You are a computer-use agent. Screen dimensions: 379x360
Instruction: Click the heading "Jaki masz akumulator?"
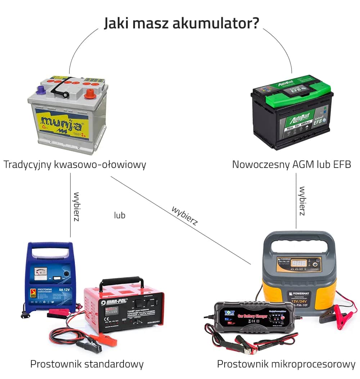(x=181, y=23)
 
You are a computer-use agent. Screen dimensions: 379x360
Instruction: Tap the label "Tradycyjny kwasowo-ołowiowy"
(x=75, y=165)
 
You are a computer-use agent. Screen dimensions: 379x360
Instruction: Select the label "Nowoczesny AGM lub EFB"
(x=291, y=165)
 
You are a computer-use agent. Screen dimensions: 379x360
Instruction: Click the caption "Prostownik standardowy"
(x=87, y=364)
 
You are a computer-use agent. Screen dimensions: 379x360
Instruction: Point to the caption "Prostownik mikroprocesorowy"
(x=286, y=364)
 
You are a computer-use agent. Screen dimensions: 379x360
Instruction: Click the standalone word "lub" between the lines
(x=120, y=215)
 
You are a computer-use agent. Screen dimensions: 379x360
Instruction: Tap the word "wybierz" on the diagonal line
(x=185, y=215)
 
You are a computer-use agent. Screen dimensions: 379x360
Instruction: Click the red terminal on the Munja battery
(x=89, y=95)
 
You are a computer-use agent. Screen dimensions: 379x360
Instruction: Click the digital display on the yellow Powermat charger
(x=296, y=264)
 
